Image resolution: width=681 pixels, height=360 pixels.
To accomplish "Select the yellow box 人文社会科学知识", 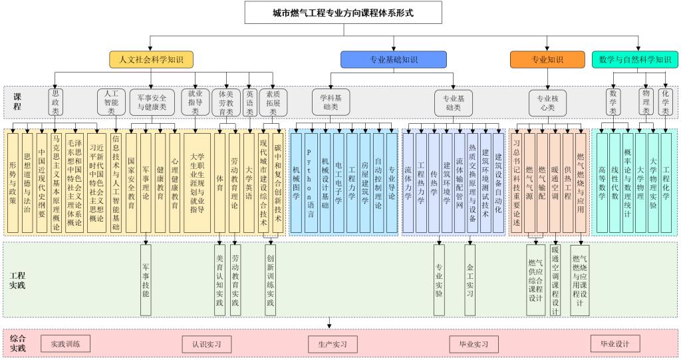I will (x=152, y=59).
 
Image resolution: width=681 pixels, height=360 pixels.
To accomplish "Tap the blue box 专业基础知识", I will (x=394, y=59).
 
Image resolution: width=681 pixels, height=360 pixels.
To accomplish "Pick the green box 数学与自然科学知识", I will (x=634, y=59).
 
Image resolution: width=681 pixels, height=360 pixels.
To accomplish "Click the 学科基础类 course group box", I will (x=331, y=102).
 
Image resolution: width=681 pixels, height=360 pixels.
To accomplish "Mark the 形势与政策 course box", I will (x=14, y=181).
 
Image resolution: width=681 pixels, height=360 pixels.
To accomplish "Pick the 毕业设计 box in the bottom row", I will (x=614, y=344).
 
